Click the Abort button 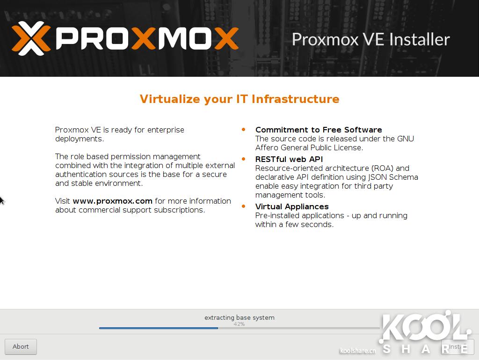(x=21, y=346)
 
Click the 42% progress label (x=239, y=324)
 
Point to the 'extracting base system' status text (x=239, y=317)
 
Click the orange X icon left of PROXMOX (x=31, y=38)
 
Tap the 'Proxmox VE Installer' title (x=371, y=39)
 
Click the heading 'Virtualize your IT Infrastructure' (x=239, y=99)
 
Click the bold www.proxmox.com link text (x=112, y=201)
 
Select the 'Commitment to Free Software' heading (x=319, y=130)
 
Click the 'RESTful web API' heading (x=289, y=159)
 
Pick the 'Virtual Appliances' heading (x=292, y=206)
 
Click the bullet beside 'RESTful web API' (x=243, y=159)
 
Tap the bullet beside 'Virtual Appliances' (x=243, y=206)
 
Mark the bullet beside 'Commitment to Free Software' (x=243, y=130)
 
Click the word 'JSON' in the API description (x=377, y=177)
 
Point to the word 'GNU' (x=406, y=139)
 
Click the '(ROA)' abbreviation (x=382, y=169)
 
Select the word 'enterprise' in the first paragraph (x=166, y=130)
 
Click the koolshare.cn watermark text (x=358, y=351)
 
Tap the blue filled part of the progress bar (x=159, y=328)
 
